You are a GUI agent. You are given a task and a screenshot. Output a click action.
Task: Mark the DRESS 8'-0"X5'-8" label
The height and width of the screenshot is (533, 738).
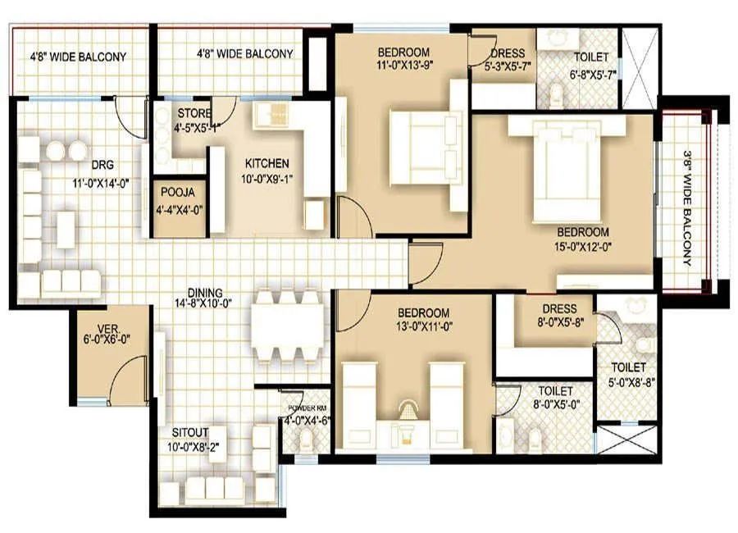coord(559,315)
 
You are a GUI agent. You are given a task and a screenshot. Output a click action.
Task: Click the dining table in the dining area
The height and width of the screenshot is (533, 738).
coord(287,325)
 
